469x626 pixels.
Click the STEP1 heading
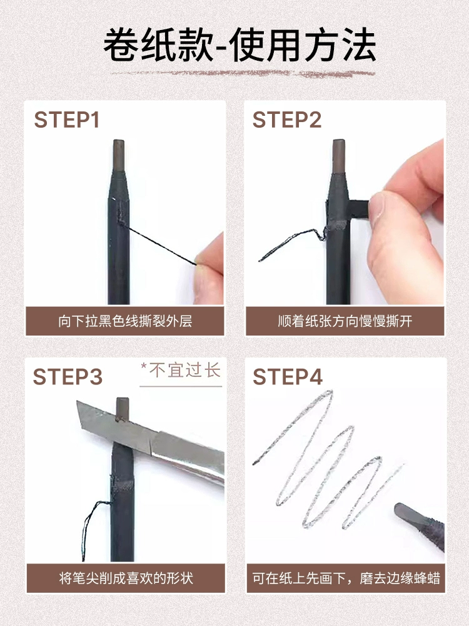click(x=67, y=120)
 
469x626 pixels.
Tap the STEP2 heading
click(x=287, y=120)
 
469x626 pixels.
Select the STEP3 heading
click(x=68, y=376)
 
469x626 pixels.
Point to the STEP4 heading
click(x=288, y=376)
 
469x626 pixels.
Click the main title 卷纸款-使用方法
click(x=240, y=44)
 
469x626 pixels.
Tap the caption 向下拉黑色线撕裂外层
click(x=125, y=321)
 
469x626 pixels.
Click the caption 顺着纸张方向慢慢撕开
click(x=345, y=321)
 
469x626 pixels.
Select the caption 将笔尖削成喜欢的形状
click(x=126, y=578)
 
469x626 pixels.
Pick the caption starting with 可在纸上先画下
click(x=346, y=578)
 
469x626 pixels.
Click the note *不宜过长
click(x=181, y=370)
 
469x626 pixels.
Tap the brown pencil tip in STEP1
click(x=118, y=156)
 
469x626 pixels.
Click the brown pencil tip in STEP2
click(x=338, y=156)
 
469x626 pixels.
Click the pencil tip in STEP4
click(x=409, y=513)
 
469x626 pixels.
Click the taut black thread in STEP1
click(x=159, y=244)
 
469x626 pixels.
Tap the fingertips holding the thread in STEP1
click(x=209, y=267)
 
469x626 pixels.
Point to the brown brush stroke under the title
click(x=243, y=73)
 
